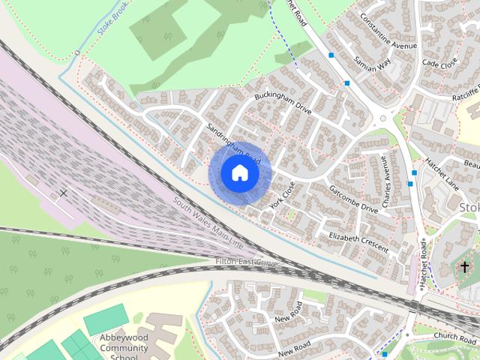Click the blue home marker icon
(x=239, y=173)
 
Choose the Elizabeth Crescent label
(x=358, y=241)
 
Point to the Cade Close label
(x=439, y=64)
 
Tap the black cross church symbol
(x=464, y=266)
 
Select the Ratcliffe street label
(x=464, y=94)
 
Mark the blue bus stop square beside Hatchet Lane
(x=415, y=173)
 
